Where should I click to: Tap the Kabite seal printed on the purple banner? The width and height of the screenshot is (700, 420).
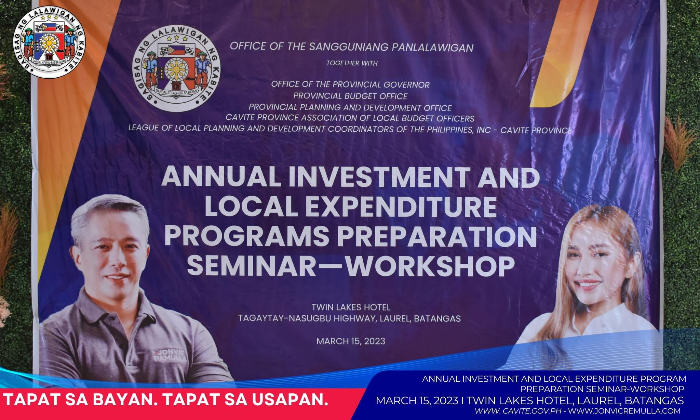click(x=176, y=76)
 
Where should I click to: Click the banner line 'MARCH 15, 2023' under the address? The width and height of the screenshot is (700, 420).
click(x=351, y=341)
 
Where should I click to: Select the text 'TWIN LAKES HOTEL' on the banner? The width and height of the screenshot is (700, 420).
click(x=351, y=307)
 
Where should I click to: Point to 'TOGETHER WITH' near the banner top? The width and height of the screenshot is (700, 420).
click(x=352, y=63)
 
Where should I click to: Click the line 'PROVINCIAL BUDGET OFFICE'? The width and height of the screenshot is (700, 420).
click(x=350, y=96)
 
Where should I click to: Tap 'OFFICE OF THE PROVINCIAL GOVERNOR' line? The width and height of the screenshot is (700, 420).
click(x=350, y=84)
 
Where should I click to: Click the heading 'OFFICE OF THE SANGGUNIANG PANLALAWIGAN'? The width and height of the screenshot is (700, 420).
click(x=352, y=47)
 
